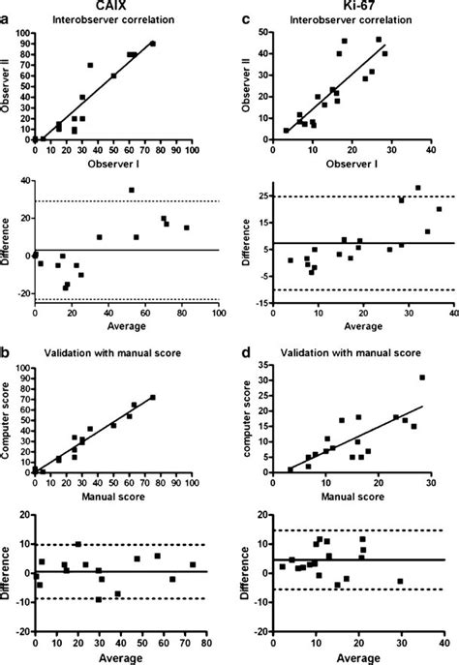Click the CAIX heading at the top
click(112, 6)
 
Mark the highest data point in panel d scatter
click(422, 378)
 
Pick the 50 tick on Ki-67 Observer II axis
click(262, 34)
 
